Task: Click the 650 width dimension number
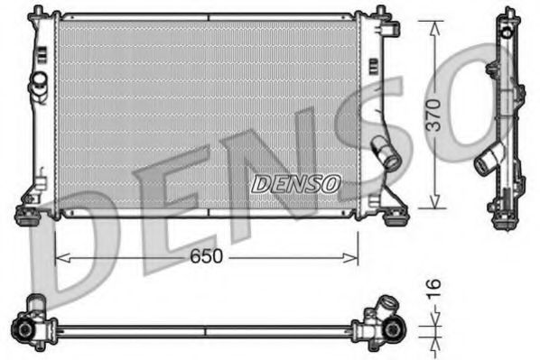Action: (207, 257)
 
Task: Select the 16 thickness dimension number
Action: (434, 290)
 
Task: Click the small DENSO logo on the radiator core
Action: (295, 183)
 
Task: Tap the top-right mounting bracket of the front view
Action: (388, 27)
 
